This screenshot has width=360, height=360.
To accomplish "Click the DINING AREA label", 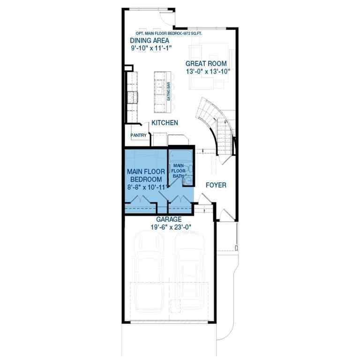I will click(150, 40).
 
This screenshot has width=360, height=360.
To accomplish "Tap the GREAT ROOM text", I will click(206, 64).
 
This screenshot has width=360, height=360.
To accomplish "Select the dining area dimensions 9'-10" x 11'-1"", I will click(151, 48).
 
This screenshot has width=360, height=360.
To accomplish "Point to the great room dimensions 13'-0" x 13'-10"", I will click(208, 72).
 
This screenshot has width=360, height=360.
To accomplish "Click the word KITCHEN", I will click(164, 123).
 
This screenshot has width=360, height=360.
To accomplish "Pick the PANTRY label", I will click(139, 136).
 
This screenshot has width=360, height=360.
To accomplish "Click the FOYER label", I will click(216, 185).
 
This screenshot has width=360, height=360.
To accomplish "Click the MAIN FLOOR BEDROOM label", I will click(146, 176).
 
